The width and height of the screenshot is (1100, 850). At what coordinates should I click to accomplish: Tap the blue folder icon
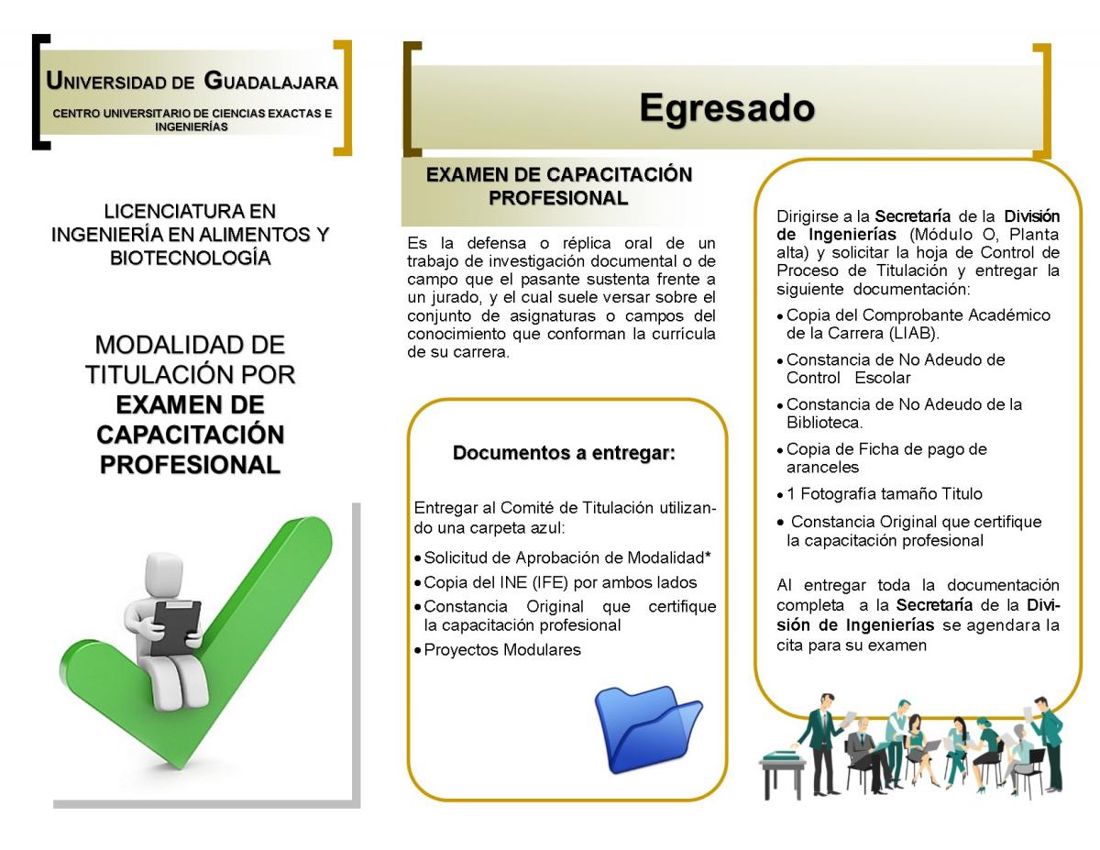[648, 729]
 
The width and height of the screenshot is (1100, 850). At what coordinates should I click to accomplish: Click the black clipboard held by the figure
[176, 627]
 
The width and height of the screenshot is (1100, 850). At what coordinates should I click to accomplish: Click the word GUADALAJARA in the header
[270, 82]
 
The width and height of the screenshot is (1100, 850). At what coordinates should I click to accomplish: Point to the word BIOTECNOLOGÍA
[191, 259]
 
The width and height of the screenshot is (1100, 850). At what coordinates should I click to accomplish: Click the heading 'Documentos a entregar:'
[564, 453]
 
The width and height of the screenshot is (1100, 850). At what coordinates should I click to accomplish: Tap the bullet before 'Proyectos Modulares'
[418, 650]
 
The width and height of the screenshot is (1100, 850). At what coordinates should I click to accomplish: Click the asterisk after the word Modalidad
[707, 556]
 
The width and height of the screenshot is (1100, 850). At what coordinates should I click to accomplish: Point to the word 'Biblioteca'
[823, 422]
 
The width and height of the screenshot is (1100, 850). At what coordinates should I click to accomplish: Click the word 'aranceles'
[822, 468]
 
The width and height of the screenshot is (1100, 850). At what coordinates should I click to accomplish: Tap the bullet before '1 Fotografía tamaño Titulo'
[780, 495]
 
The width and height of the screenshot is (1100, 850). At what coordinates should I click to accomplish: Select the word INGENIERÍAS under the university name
[192, 127]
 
